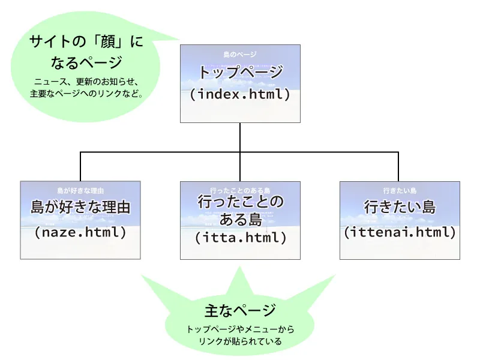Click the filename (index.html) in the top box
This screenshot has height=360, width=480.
point(240,95)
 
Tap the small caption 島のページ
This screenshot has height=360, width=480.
point(240,55)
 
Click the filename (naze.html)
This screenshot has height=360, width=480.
point(80,232)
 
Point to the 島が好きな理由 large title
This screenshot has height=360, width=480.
point(80,208)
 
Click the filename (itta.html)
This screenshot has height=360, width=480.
point(240,237)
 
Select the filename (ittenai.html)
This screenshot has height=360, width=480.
point(400,232)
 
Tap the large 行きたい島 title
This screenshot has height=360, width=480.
point(400,208)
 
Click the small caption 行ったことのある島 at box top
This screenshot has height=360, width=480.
point(240,190)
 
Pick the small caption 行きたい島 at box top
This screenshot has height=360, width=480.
point(400,190)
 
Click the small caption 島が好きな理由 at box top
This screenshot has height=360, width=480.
point(80,190)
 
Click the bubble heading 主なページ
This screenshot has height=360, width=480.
point(240,310)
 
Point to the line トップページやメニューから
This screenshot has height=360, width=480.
point(240,329)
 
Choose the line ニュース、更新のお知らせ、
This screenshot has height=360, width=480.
point(85,82)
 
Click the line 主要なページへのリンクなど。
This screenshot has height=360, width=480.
point(85,94)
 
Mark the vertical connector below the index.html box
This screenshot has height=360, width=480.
point(240,137)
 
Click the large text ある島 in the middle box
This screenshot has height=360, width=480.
point(240,219)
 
